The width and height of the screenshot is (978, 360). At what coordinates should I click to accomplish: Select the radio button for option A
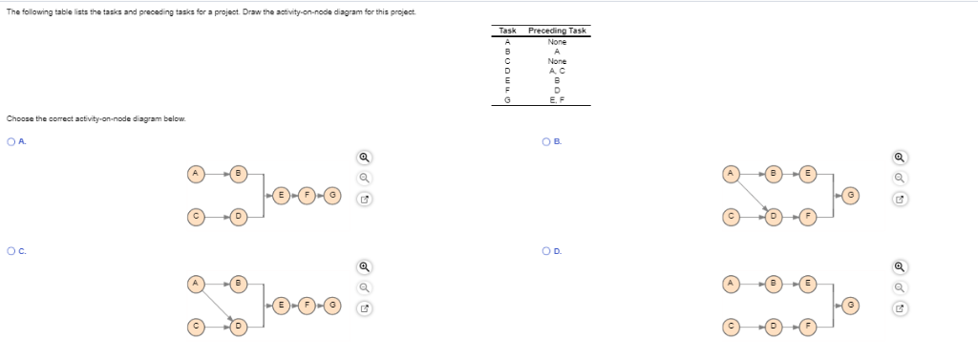[x=11, y=142]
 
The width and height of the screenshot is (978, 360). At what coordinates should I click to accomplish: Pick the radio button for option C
[x=11, y=251]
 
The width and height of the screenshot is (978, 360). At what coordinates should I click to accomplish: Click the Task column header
[x=508, y=32]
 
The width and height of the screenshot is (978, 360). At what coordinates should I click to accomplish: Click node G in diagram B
[x=851, y=195]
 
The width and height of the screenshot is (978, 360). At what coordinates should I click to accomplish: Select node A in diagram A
[x=196, y=173]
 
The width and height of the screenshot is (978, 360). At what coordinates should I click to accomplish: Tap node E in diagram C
[x=281, y=305]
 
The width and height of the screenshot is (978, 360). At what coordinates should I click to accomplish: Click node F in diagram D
[x=808, y=327]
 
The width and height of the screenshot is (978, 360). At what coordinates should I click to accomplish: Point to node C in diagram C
[x=196, y=327]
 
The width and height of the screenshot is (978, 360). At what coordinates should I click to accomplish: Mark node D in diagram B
[x=775, y=217]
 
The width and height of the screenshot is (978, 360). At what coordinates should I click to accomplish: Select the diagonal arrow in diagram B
[x=753, y=195]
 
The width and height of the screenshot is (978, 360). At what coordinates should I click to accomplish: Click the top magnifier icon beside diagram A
[x=363, y=158]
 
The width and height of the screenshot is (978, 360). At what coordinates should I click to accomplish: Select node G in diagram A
[x=331, y=195]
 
